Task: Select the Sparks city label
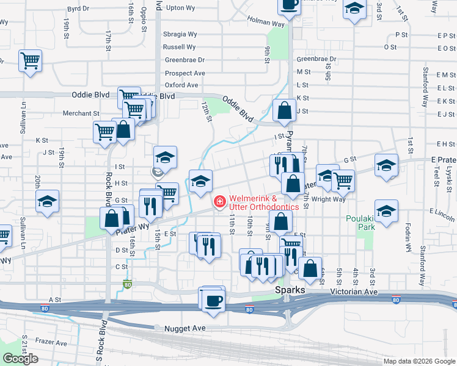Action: coord(290,290)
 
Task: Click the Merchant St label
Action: coord(81,113)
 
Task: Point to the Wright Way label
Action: coord(328,199)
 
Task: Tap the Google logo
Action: coord(20,359)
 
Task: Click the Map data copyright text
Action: coord(419,361)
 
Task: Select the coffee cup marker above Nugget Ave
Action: coord(213,301)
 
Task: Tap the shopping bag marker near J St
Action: coord(285,111)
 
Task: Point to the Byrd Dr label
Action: coord(78,9)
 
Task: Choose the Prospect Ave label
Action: coord(185,73)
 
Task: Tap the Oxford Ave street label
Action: coord(181,85)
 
